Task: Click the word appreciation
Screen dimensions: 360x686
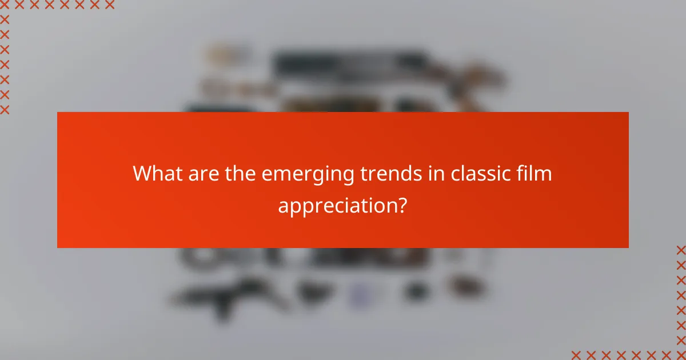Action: [337, 205]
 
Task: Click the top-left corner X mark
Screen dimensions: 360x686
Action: [5, 5]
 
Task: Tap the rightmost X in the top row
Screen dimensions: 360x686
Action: [109, 5]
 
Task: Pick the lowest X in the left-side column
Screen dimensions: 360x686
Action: [5, 109]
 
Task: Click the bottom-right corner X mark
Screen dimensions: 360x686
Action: [681, 354]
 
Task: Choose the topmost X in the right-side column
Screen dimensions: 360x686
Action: [681, 250]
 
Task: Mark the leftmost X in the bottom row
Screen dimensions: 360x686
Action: [577, 354]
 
